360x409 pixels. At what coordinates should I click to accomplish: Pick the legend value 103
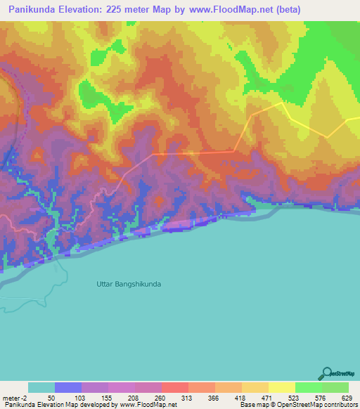pos(81,398)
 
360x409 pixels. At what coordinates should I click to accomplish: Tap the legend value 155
pos(108,398)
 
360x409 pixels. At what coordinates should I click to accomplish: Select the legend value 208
pos(134,398)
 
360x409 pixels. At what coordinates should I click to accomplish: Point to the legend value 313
pos(188,398)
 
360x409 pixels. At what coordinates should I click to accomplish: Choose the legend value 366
pos(214,398)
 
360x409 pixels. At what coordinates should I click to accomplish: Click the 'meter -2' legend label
pos(14,398)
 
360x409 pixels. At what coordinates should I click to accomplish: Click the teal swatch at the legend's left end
pos(41,387)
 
